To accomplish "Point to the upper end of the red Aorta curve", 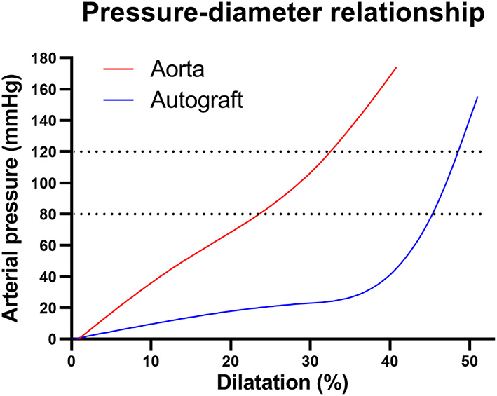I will pyautogui.click(x=396, y=68).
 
